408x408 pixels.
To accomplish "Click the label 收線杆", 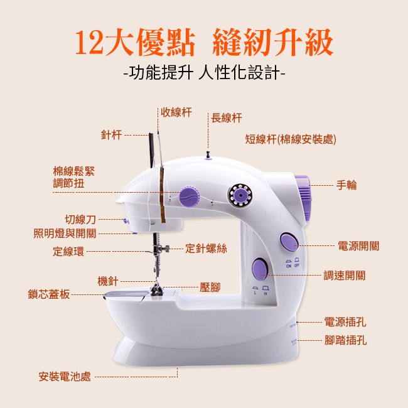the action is click(176, 112).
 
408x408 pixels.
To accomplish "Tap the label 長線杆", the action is click(227, 118).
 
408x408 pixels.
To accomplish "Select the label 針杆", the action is click(111, 135).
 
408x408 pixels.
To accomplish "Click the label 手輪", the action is click(346, 185).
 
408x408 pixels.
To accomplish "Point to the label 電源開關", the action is click(358, 246).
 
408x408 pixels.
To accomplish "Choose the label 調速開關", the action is click(345, 276).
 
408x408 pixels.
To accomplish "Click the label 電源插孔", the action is click(345, 322).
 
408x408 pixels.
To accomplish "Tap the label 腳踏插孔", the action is click(346, 340).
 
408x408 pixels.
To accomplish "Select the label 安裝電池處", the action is click(65, 377).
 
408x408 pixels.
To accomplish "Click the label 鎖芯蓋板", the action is click(49, 294).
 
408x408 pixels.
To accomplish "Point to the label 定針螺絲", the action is click(206, 249).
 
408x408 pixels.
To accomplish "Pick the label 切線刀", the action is click(80, 220).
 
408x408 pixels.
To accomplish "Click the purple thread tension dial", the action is click(190, 196).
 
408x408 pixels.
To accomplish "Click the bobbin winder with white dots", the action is click(240, 195).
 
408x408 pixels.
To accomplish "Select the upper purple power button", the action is click(288, 242).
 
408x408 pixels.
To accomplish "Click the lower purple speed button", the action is click(260, 269).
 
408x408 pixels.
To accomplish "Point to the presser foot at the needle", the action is click(156, 290).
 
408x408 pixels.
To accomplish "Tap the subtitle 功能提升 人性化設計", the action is click(204, 72).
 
